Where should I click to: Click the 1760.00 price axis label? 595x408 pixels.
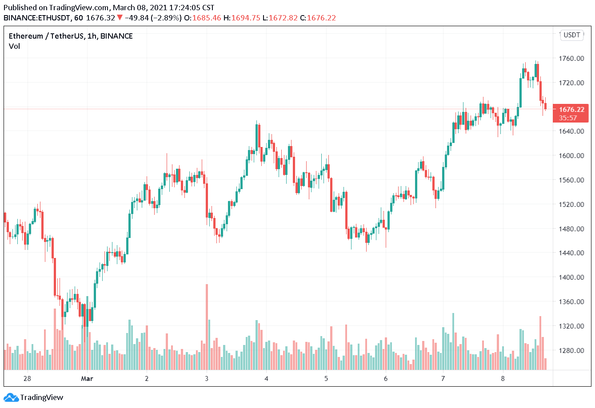(571, 58)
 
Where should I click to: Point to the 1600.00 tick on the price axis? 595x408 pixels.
(571, 155)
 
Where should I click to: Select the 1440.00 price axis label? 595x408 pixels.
(571, 253)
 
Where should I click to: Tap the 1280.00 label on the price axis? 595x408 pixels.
(571, 350)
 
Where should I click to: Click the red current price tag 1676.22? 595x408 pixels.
(571, 109)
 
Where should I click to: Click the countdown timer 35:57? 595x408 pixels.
(568, 118)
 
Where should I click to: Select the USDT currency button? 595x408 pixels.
(572, 35)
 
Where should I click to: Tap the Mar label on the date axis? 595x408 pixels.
(87, 378)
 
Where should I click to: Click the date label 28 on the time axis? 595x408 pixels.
(28, 378)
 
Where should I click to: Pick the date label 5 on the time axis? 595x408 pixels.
(326, 378)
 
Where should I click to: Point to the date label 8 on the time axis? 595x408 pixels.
(503, 378)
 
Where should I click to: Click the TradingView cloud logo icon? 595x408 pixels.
(11, 397)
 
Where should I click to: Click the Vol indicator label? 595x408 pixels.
(14, 46)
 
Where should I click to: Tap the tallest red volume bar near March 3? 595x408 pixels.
(207, 326)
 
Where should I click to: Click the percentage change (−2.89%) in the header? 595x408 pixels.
(166, 18)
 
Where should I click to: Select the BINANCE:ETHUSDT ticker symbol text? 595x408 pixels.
(36, 18)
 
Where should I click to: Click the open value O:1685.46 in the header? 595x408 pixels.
(203, 18)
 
